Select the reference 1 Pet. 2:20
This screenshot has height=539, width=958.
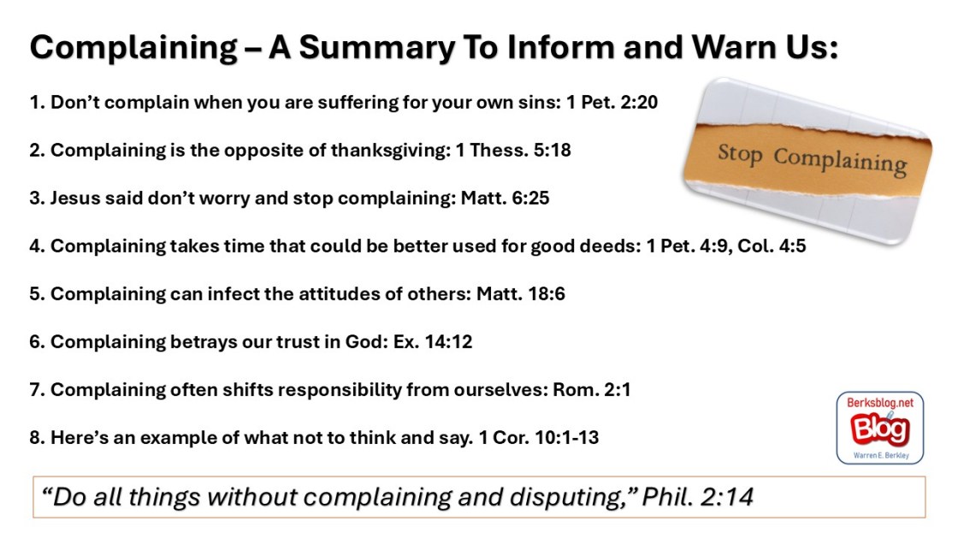pyautogui.click(x=612, y=102)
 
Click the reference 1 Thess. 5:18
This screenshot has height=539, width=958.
pyautogui.click(x=513, y=150)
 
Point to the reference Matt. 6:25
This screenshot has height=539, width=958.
pyautogui.click(x=505, y=198)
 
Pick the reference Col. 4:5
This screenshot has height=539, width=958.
pyautogui.click(x=772, y=246)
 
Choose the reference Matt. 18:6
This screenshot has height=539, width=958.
pyautogui.click(x=521, y=294)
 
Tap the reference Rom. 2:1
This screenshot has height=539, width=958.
pyautogui.click(x=591, y=389)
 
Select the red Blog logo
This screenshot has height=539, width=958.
pyautogui.click(x=880, y=429)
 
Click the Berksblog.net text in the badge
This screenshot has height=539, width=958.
pyautogui.click(x=880, y=402)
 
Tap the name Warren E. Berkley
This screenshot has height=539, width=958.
pyautogui.click(x=881, y=455)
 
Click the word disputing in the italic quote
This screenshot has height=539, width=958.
pyautogui.click(x=571, y=497)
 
